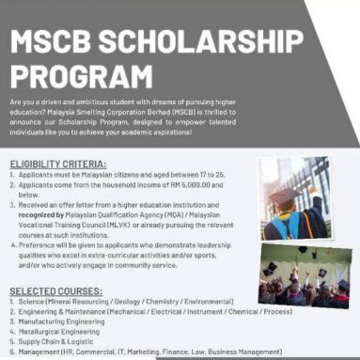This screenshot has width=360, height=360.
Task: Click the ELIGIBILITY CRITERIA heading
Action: pyautogui.click(x=58, y=164)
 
